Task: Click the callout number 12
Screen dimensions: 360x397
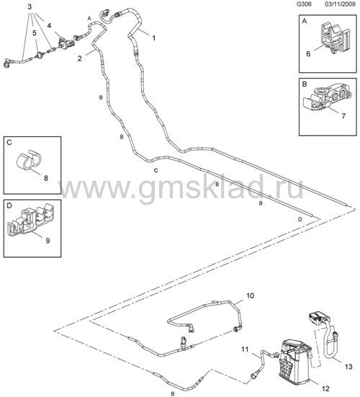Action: [x=325, y=388]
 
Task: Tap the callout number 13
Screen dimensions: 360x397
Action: [x=348, y=366]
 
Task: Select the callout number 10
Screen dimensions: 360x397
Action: [x=250, y=295]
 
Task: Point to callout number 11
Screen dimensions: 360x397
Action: [x=245, y=349]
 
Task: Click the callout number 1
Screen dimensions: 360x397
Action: [x=153, y=38]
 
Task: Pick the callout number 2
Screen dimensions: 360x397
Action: [x=80, y=58]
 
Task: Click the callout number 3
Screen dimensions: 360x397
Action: [x=30, y=6]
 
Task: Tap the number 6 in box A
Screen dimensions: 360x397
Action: [x=308, y=53]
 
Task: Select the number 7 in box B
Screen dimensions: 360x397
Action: [x=343, y=116]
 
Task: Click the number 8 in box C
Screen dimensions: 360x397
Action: [x=46, y=178]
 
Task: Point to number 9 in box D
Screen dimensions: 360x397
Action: [x=48, y=241]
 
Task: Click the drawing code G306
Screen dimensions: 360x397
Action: [x=305, y=4]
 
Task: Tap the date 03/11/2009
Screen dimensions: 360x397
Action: [x=341, y=4]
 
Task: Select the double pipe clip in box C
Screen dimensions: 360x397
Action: [x=28, y=160]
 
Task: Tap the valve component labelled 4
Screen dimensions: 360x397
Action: [x=66, y=43]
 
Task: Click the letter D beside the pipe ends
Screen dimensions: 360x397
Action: [x=300, y=219]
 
